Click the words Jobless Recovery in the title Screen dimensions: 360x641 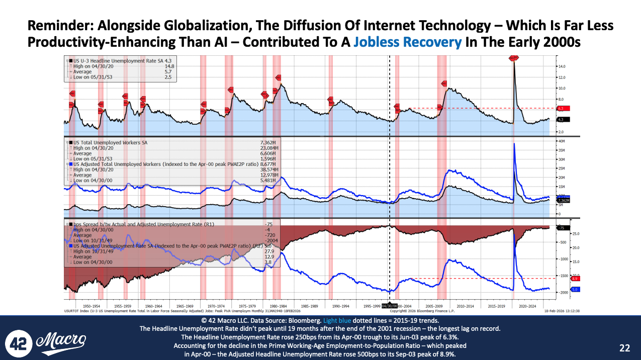[x=407, y=42]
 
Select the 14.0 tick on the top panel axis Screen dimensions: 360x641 [x=562, y=66]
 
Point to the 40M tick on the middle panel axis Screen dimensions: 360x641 [x=563, y=141]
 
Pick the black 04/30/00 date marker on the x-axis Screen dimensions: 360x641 [x=390, y=305]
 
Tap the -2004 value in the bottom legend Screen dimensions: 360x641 [x=272, y=240]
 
